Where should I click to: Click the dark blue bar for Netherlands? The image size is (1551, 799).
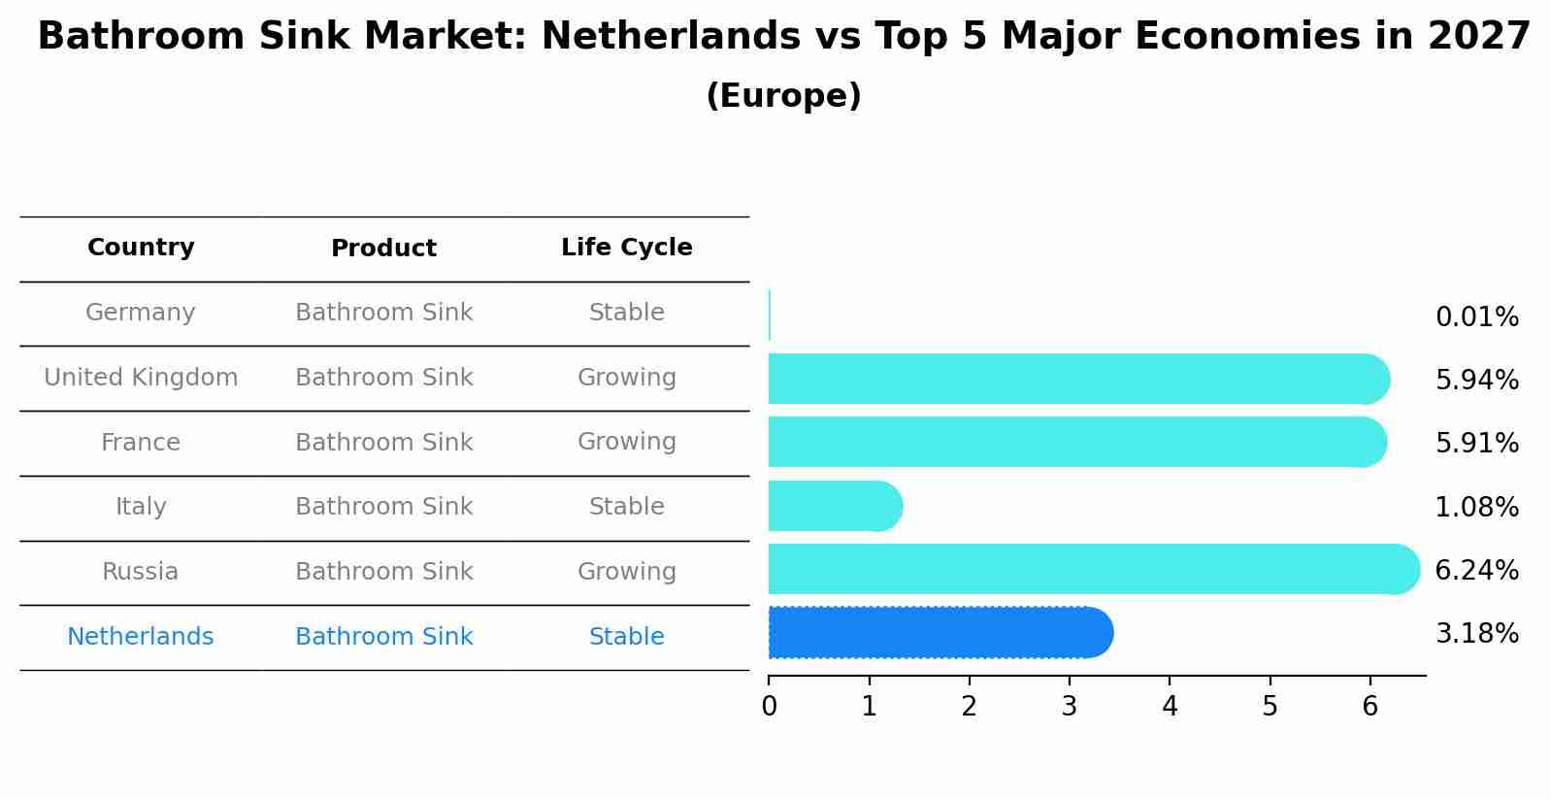[940, 633]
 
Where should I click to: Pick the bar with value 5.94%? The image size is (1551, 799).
[1077, 379]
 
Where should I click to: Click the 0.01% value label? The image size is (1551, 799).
[1476, 317]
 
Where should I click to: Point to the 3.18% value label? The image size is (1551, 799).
[1476, 634]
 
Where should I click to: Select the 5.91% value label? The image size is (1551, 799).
[1476, 444]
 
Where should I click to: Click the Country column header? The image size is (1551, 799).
[141, 248]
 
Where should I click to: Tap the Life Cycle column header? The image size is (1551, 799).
[626, 248]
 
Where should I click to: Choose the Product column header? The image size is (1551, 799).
[383, 249]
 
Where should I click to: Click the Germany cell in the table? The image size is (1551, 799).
[141, 313]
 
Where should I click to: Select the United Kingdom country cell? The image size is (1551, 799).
[141, 378]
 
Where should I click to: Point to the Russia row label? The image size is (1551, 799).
[141, 572]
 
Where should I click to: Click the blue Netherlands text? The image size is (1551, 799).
[141, 637]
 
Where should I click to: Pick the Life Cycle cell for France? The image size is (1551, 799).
[626, 442]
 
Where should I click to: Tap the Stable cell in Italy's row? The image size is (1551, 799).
[626, 507]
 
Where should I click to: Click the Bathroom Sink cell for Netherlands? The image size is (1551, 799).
[383, 637]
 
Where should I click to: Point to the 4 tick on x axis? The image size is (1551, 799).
[1170, 706]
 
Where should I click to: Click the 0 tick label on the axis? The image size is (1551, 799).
[769, 706]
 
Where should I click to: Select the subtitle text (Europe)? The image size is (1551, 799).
[783, 96]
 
